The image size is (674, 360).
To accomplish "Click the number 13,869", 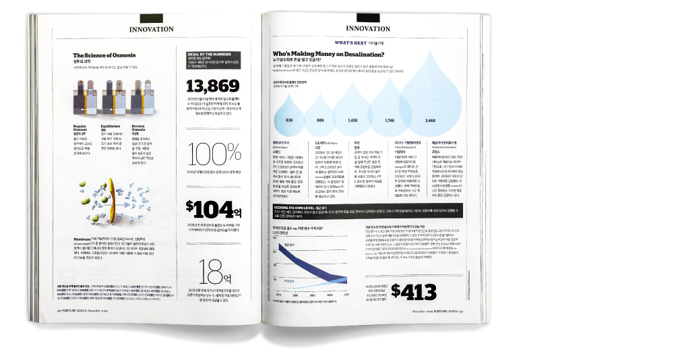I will [212, 86].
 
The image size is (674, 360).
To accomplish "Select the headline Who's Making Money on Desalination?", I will [328, 54].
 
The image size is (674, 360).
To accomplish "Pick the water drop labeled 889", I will [319, 116].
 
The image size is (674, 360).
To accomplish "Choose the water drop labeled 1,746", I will [389, 111].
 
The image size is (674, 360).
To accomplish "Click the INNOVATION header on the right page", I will [368, 28].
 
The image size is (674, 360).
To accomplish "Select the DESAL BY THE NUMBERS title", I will [212, 53].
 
